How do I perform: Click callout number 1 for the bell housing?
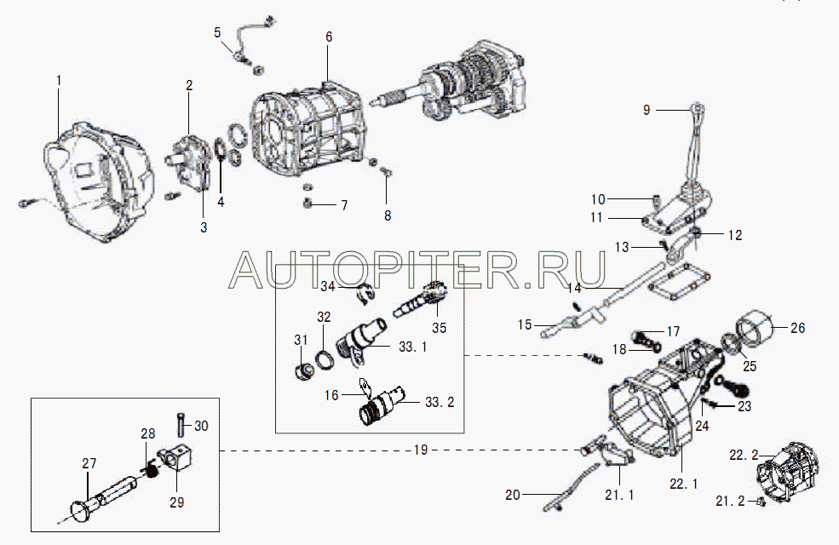pos(59,81)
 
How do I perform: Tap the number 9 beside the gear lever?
pos(646,110)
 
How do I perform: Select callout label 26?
pos(797,328)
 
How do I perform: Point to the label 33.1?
pos(412,347)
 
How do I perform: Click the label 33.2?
pos(440,402)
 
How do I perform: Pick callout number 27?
pos(89,463)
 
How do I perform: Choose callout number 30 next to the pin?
pos(201,426)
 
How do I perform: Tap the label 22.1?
pos(684,484)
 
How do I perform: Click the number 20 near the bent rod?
pos(513,495)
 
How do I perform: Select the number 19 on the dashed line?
pos(421,450)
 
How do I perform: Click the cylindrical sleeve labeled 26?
pos(756,325)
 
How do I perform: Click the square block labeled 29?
pos(175,457)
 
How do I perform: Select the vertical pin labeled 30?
pos(181,424)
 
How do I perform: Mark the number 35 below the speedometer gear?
pos(440,327)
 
